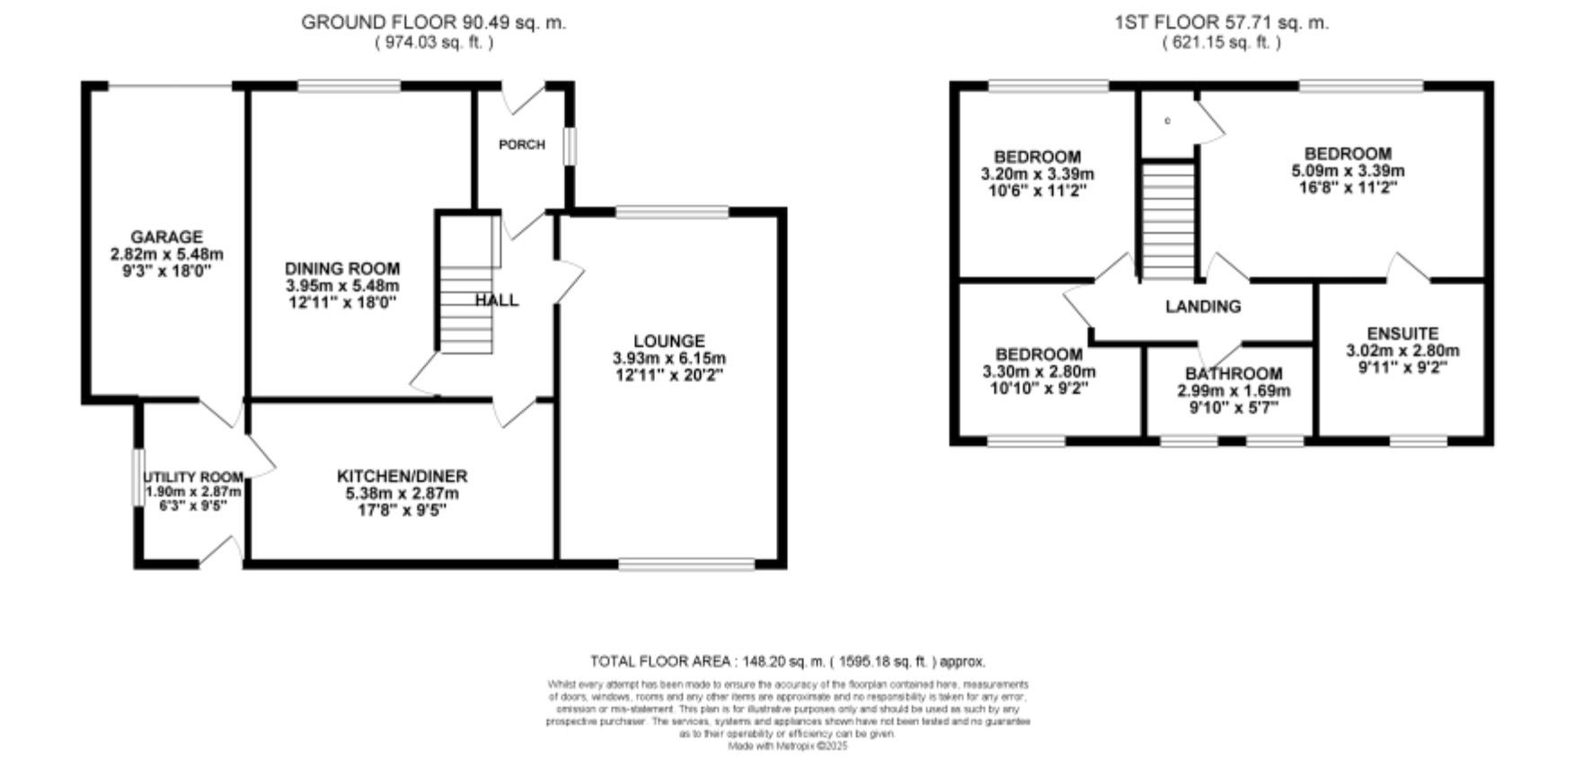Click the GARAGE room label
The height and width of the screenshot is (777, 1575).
(166, 237)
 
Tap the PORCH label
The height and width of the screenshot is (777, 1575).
(522, 144)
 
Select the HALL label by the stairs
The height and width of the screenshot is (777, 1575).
(497, 300)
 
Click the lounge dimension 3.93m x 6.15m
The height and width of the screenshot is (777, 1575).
(669, 358)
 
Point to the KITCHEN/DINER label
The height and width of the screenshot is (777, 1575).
(402, 476)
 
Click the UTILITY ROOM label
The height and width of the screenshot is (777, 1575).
(193, 477)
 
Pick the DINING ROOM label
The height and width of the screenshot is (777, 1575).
(342, 268)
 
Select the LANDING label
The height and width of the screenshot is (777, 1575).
(1203, 307)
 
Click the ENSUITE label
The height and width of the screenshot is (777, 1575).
(1402, 334)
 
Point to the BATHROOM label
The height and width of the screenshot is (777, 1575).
(1234, 373)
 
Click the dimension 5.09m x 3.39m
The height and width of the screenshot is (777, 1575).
(1348, 171)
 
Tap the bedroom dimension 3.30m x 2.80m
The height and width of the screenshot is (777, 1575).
(1039, 371)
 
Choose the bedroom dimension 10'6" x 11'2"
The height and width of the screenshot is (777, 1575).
(1038, 191)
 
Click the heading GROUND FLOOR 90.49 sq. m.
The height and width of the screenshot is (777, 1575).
(433, 22)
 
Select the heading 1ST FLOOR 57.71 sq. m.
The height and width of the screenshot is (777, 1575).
(1221, 22)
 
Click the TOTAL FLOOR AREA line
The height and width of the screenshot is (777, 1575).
(788, 661)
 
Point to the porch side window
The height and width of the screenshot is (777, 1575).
(569, 147)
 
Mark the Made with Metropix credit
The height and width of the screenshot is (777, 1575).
(787, 746)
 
